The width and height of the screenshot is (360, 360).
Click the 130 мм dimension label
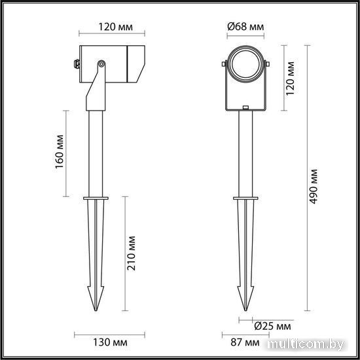click(110, 342)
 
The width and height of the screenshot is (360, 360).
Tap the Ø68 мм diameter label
click(245, 27)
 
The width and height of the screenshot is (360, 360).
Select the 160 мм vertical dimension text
click(60, 152)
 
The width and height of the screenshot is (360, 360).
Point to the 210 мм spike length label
click(132, 253)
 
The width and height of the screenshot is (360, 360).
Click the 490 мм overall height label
click(313, 187)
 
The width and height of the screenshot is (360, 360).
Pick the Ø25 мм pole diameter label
click(272, 326)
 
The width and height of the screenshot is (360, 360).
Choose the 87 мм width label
click(245, 342)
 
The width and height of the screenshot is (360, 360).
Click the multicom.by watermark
click(306, 344)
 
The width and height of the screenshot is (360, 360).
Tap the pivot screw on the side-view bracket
click(101, 64)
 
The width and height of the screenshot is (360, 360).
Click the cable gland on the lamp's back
click(77, 64)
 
